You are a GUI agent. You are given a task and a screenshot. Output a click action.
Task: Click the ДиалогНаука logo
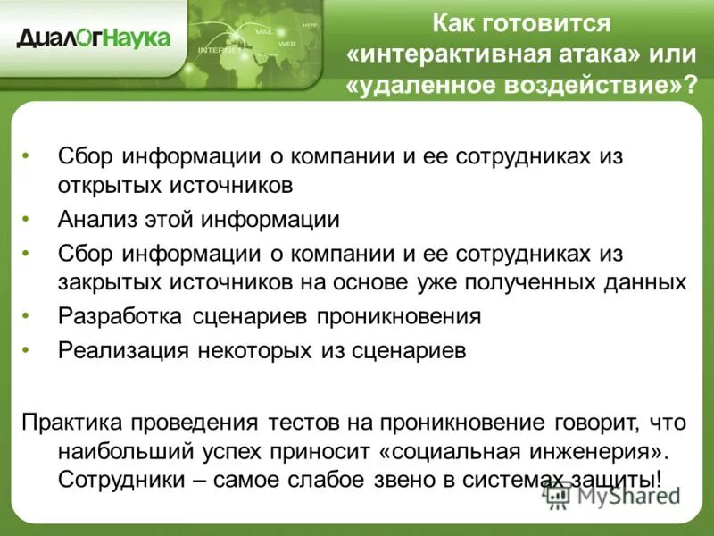pos(93,38)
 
